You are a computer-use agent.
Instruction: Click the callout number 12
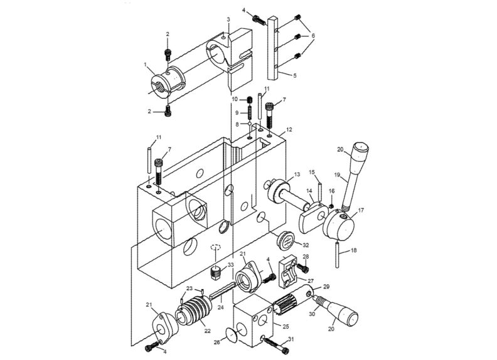point(289,130)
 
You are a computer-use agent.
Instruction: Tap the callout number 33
point(230,265)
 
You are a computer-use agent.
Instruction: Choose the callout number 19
point(336,176)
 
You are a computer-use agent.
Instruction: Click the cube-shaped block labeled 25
point(254,322)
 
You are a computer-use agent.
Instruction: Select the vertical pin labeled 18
point(338,257)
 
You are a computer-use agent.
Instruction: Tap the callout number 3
point(228,20)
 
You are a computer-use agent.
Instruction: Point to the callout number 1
point(146,65)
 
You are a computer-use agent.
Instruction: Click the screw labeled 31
point(272,342)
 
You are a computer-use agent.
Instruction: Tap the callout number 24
point(220,308)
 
